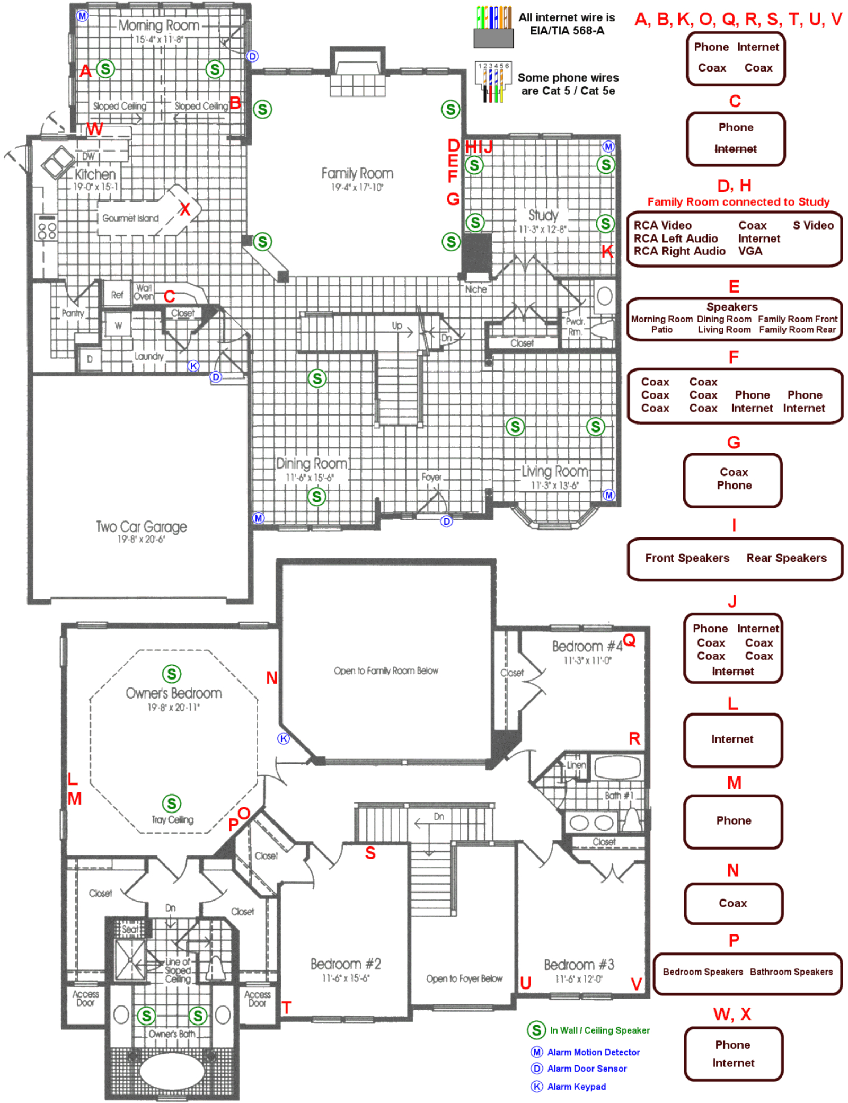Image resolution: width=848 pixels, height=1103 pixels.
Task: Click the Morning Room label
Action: [x=158, y=25]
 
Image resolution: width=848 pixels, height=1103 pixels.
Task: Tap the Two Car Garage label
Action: [x=141, y=526]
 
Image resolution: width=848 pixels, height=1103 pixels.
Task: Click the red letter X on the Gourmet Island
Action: [x=184, y=209]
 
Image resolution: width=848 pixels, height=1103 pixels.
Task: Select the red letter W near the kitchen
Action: [x=94, y=129]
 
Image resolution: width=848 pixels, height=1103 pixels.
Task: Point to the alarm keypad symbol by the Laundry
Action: [x=193, y=366]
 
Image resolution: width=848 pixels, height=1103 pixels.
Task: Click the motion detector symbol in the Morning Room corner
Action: [x=82, y=15]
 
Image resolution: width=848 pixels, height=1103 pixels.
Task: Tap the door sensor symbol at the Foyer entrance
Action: [x=446, y=521]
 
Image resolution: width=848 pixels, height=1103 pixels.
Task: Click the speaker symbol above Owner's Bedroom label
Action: [x=171, y=674]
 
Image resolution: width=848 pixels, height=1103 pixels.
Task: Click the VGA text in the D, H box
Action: [x=750, y=251]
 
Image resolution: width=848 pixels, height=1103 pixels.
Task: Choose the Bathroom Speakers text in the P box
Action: [x=791, y=972]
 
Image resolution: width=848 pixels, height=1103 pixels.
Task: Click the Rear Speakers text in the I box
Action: [x=786, y=558]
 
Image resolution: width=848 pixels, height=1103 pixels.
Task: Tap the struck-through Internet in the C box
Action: [x=735, y=149]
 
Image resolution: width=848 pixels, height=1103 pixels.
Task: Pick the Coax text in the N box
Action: [x=732, y=903]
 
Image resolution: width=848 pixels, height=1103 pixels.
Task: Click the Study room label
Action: [x=543, y=215]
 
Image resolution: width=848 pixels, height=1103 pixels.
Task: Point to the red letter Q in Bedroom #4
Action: [x=629, y=640]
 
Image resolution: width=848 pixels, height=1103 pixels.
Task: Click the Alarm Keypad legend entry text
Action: [x=576, y=1087]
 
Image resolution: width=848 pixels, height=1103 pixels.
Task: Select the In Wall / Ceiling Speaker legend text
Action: [x=599, y=1030]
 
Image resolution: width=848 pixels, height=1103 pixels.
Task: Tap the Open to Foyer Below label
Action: [x=464, y=978]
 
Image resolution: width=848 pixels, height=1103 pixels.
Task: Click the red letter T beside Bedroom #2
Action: [x=286, y=1008]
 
